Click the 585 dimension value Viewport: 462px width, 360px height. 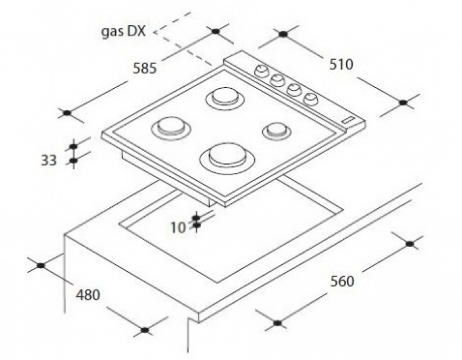click(145, 68)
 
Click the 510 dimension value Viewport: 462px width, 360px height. click(341, 64)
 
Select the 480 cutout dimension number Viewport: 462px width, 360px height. click(88, 295)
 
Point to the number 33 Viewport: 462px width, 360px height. click(48, 160)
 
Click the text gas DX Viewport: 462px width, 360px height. click(123, 32)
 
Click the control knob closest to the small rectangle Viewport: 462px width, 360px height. click(311, 99)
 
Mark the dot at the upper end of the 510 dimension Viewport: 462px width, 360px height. click(283, 34)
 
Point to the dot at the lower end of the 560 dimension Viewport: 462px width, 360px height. click(277, 323)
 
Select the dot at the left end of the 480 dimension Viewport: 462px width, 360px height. click(41, 265)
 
